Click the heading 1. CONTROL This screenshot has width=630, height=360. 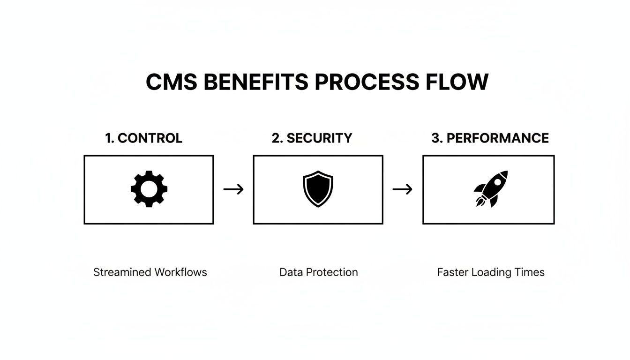[x=143, y=138]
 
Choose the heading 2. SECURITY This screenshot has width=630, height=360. [x=312, y=138]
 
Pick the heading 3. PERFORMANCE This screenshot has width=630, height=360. [x=490, y=138]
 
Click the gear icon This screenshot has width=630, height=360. [x=149, y=189]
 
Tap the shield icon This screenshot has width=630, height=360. [x=318, y=189]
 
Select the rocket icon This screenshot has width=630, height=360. [x=490, y=189]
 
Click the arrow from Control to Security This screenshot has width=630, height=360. [x=233, y=189]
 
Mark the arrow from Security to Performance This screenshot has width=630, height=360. [x=402, y=189]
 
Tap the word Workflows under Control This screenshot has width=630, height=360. [x=180, y=272]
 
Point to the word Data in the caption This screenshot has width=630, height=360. [x=289, y=272]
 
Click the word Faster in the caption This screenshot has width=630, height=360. [x=452, y=272]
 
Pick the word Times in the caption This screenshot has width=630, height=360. [x=529, y=272]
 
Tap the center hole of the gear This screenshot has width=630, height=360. [x=149, y=189]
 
